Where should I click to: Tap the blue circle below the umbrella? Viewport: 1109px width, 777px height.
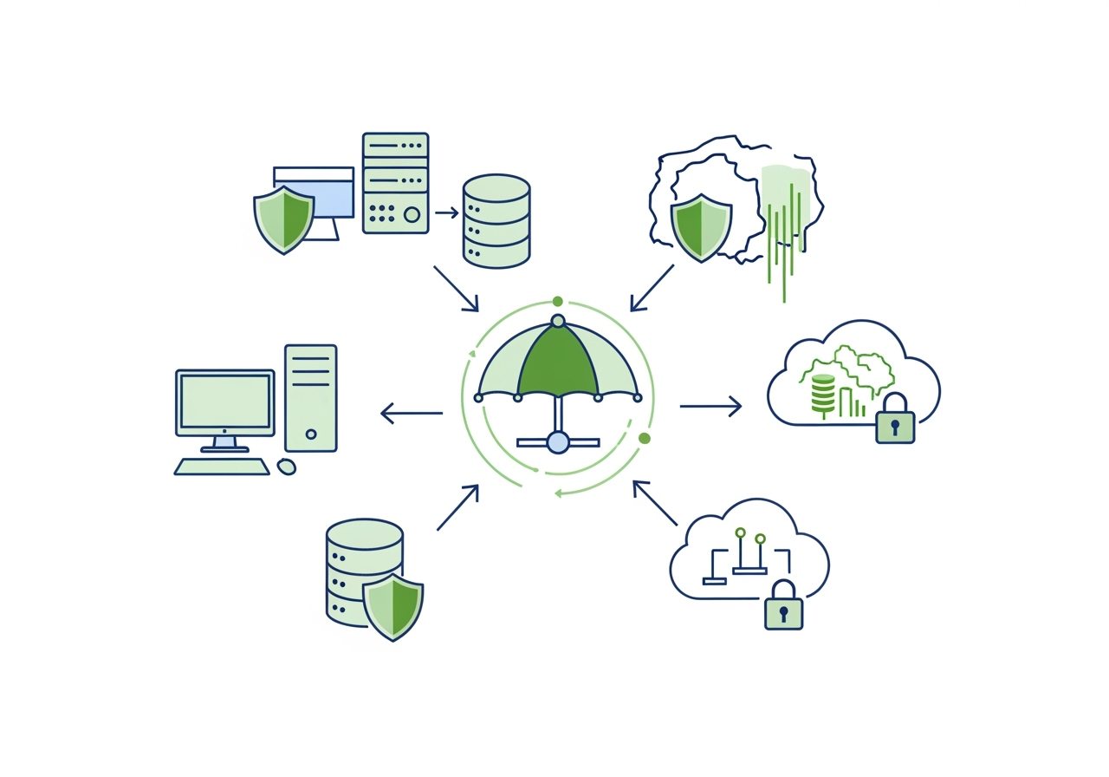coord(558,442)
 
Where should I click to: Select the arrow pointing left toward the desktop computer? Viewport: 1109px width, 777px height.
coord(412,414)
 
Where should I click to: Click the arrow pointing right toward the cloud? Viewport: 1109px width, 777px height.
coord(710,406)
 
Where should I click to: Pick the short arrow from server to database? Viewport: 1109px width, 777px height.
coord(446,212)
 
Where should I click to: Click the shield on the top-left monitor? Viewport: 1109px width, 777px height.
coord(283,219)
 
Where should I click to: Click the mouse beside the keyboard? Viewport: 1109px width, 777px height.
coord(286,467)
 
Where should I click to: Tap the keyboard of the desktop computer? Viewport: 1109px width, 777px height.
coord(222,467)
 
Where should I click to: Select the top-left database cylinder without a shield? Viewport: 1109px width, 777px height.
coord(496,220)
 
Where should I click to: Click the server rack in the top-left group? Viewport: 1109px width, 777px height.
coord(395,182)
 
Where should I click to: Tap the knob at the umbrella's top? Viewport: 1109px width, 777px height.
coord(558,321)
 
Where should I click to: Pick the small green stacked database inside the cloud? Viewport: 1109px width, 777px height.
coord(823,394)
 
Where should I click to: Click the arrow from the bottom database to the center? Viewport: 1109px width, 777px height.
coord(457,507)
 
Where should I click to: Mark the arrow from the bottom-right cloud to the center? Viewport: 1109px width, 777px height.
coord(655,503)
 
